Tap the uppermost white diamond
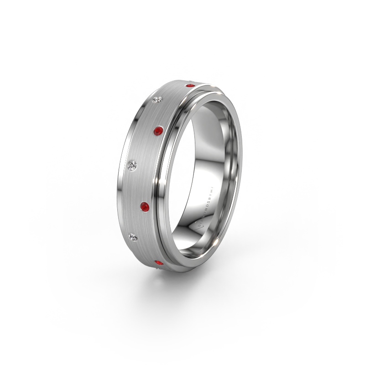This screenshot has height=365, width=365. coord(157,100)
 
